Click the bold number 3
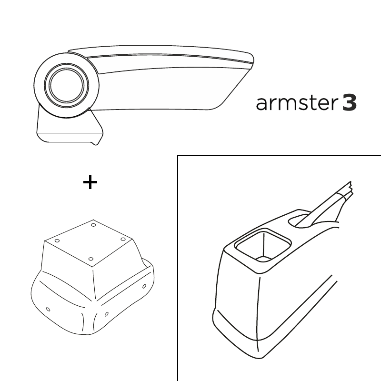tap(350, 103)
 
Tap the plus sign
tap(90, 182)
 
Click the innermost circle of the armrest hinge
tap(67, 85)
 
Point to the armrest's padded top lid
tap(160, 53)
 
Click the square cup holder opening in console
tap(263, 245)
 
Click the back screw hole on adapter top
tap(93, 225)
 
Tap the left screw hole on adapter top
tap(57, 241)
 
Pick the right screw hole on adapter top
tap(123, 240)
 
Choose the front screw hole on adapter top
tap(91, 259)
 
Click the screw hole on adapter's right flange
tap(144, 286)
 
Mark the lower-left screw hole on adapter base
tap(48, 309)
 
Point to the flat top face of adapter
tap(89, 243)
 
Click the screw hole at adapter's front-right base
tap(106, 314)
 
